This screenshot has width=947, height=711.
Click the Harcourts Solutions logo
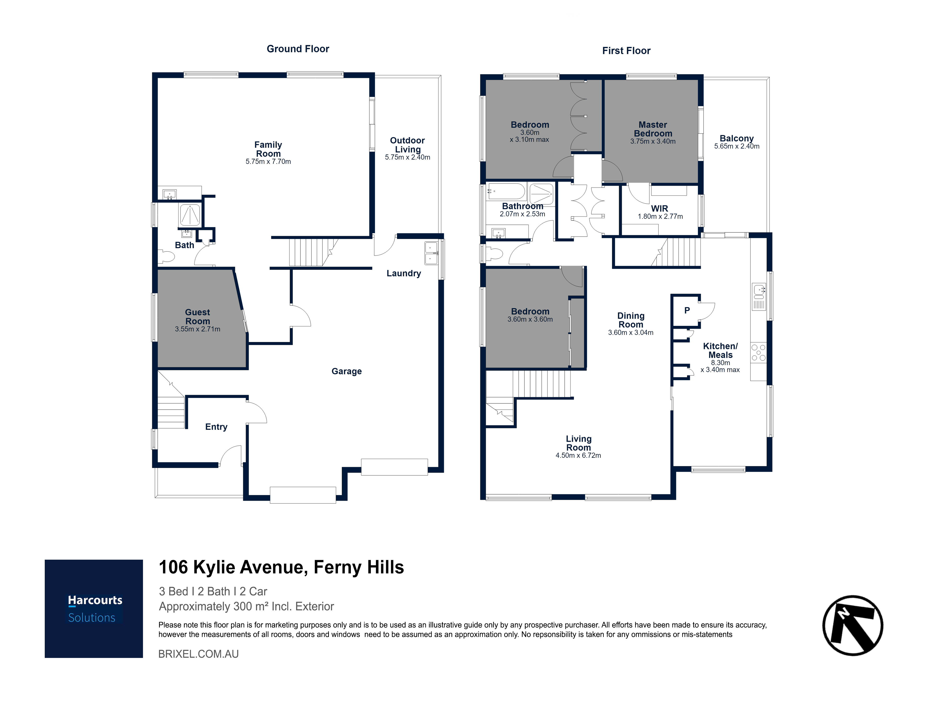[94, 609]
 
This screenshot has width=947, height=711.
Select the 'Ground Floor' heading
[298, 49]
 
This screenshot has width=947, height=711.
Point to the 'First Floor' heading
[626, 50]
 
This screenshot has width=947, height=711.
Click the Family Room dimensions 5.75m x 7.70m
[268, 162]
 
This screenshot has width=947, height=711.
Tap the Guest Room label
[198, 316]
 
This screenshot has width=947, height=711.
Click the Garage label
[347, 371]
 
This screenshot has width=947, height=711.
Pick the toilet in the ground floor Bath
[166, 256]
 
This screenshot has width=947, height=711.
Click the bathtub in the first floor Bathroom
[506, 191]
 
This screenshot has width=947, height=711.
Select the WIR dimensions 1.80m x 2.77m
[660, 216]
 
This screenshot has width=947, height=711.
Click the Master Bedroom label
[653, 129]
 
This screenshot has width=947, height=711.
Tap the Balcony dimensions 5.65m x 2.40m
[737, 146]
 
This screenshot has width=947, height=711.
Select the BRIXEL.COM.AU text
[199, 654]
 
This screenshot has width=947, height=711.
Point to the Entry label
[216, 427]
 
